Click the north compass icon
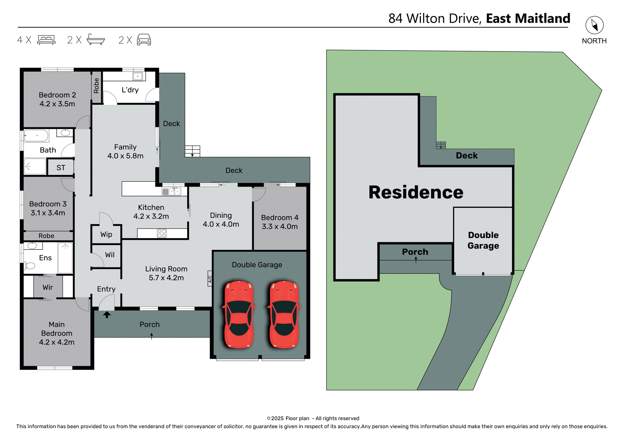594,25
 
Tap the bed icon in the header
46,40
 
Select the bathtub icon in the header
96,40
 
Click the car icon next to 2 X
144,40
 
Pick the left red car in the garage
239,314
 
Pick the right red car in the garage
284,314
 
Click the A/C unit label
210,279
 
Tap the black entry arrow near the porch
107,314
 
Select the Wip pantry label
106,234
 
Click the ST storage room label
61,168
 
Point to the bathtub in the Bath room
36,136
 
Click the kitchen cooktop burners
162,233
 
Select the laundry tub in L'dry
138,76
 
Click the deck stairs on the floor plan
192,151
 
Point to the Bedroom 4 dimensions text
280,226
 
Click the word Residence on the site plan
416,192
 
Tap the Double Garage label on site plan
483,240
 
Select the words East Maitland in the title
528,18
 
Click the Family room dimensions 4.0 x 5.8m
125,156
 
